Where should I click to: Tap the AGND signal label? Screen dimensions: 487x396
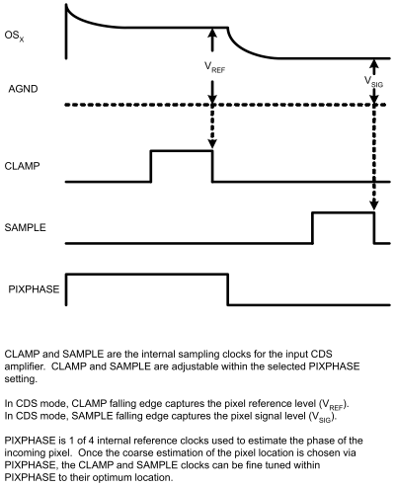click(x=21, y=88)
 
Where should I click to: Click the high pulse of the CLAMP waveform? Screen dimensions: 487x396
click(x=181, y=151)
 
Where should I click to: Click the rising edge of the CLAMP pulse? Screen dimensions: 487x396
click(x=151, y=166)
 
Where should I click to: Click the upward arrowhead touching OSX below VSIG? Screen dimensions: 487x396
click(x=374, y=66)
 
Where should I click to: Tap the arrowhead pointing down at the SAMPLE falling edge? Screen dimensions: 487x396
click(x=374, y=205)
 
